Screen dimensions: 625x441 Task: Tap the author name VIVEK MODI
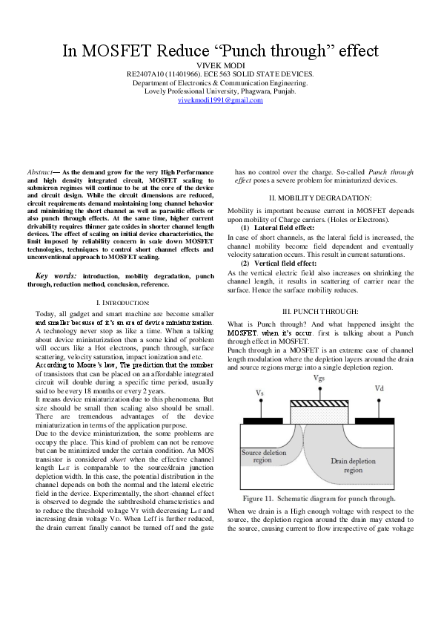220,66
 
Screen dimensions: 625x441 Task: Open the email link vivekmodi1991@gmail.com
220,99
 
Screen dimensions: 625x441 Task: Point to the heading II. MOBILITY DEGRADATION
319,197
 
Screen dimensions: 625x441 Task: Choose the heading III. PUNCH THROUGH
320,310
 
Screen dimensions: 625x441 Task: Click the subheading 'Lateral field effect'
285,227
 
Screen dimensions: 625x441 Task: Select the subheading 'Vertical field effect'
285,264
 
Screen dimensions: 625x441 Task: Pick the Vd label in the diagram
379,388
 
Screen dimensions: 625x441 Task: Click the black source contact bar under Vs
262,419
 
